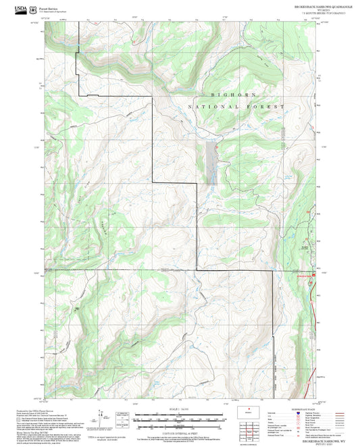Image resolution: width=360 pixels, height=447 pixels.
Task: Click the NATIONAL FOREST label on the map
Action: point(236,107)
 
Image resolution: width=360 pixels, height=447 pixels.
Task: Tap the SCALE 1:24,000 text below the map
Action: point(180,409)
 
